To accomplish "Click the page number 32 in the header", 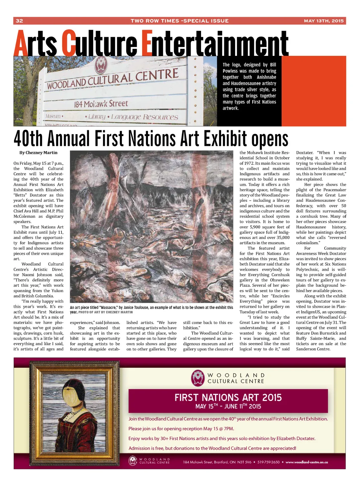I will [19, 21].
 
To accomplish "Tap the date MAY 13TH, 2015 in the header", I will [323, 21].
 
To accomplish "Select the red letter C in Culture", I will [69, 44].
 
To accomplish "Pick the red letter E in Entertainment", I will [147, 44].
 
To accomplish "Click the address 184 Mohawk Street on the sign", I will [101, 104].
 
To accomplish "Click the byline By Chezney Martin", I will [38, 153].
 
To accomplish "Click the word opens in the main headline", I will [269, 140].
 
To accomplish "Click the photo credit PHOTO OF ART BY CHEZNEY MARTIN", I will [105, 312].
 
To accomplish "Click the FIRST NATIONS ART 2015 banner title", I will [228, 397].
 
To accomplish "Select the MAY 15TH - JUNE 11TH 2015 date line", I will [228, 406].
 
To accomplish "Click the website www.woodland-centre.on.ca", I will [307, 462].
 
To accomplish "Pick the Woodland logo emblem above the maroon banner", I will [198, 378].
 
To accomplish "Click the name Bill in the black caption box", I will [273, 65].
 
